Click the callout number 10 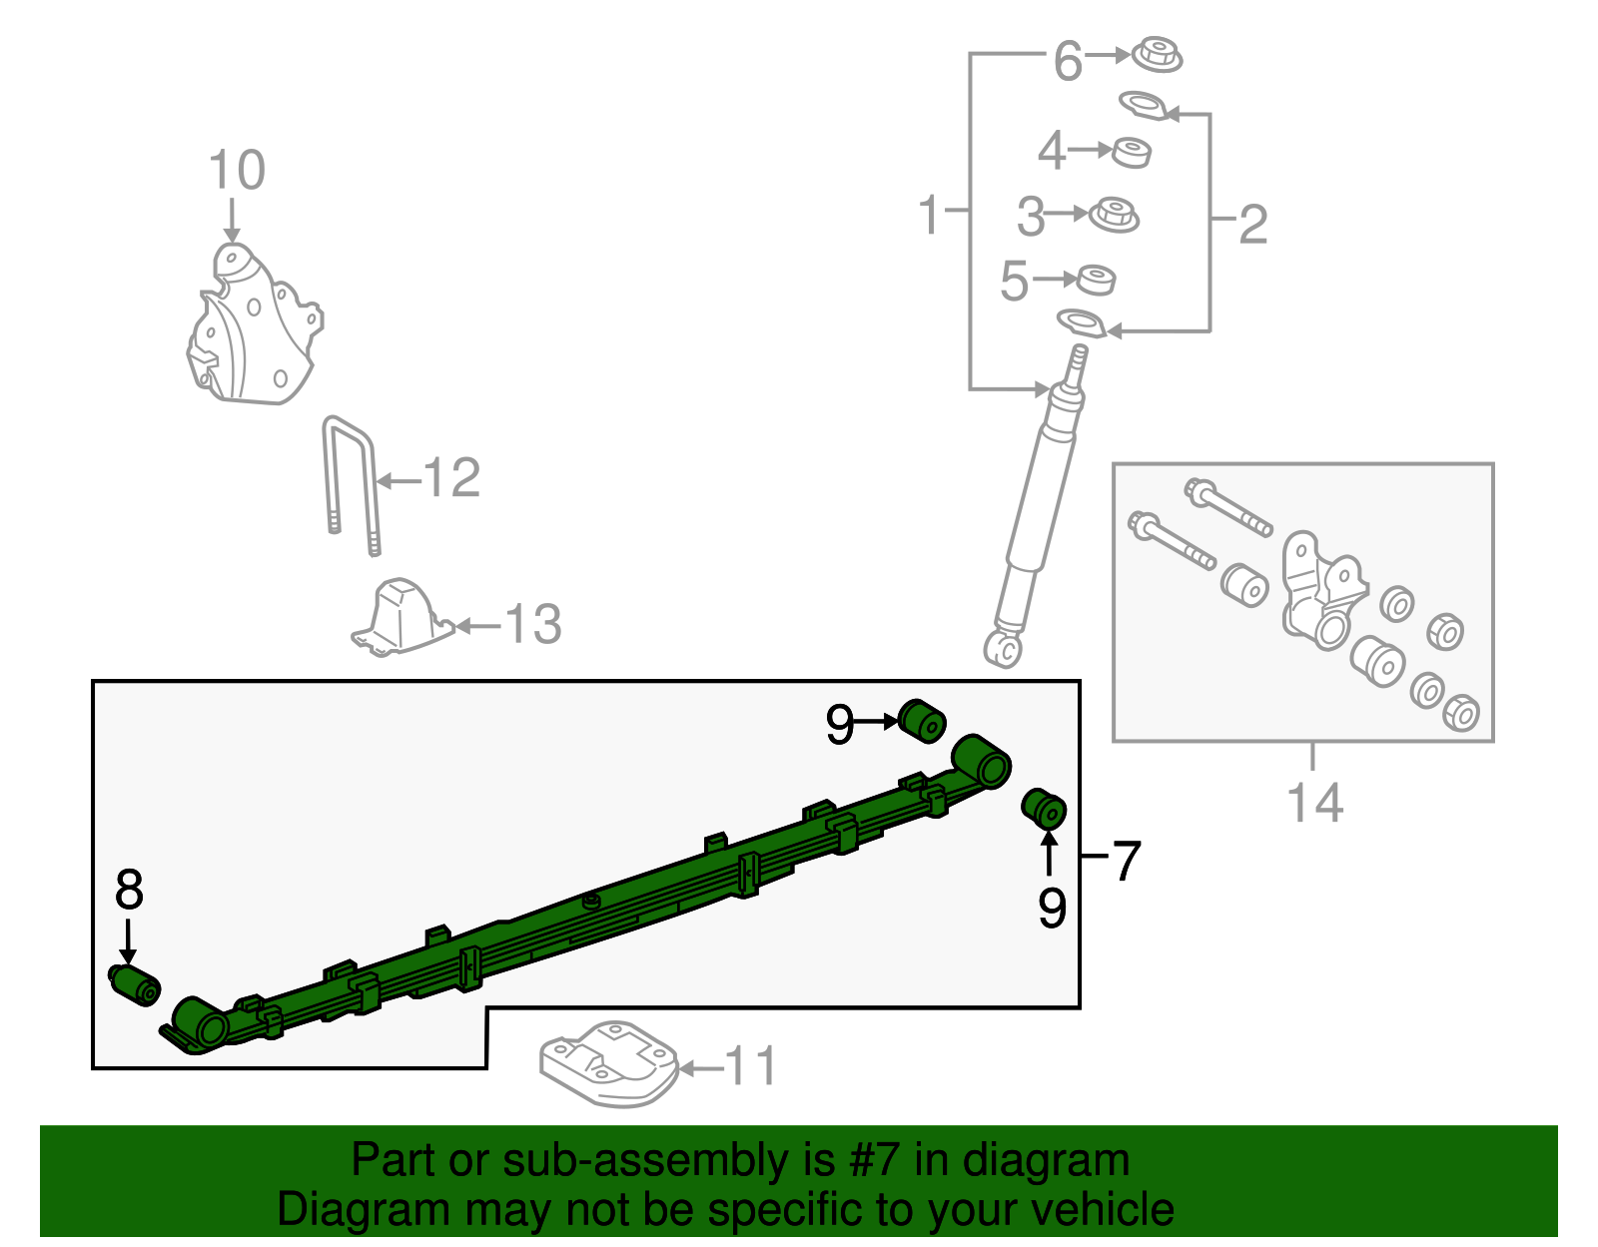pos(237,170)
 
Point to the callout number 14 pos(1315,803)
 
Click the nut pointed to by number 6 pos(1156,54)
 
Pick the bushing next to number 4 pos(1131,153)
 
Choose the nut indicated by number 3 pos(1114,216)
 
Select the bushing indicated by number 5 pos(1096,280)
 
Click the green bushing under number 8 pos(135,984)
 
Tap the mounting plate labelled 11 pos(609,1064)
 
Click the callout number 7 pos(1126,861)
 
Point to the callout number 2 pos(1253,224)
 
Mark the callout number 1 pos(930,214)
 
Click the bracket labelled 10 pos(255,324)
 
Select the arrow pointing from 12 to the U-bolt pos(399,481)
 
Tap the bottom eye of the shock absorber pos(1003,649)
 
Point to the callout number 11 pos(751,1066)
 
